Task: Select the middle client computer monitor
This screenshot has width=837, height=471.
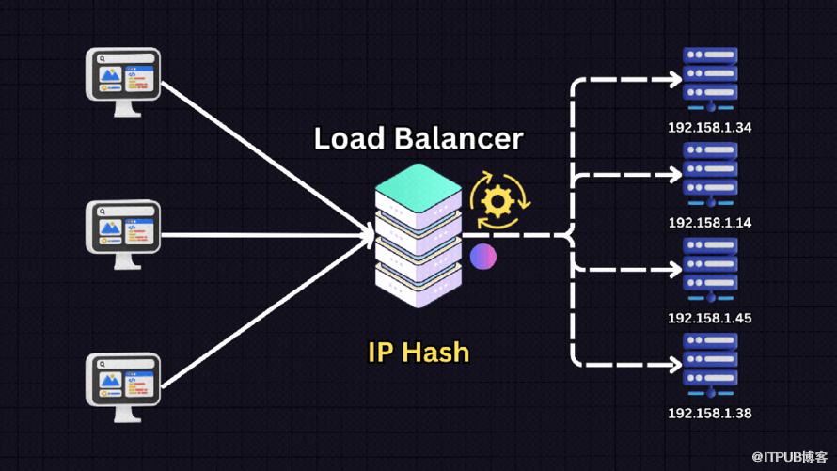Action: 124,231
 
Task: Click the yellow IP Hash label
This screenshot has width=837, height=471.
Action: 418,353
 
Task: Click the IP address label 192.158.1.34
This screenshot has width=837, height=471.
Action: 709,128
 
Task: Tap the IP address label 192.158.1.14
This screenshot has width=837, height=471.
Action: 709,223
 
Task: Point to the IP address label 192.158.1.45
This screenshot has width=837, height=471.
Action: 709,318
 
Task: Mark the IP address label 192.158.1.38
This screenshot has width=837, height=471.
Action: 709,413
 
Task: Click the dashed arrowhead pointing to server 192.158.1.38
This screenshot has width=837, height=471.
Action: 673,365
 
